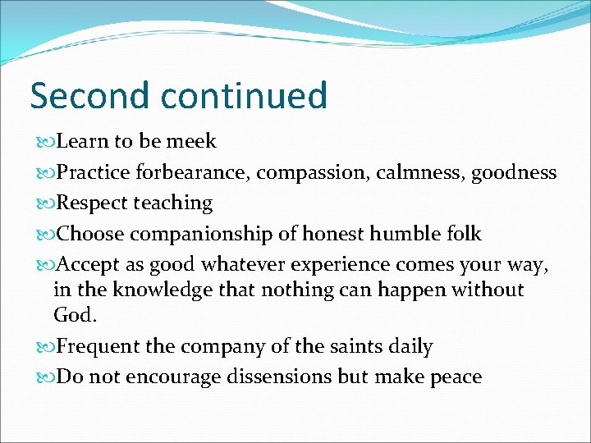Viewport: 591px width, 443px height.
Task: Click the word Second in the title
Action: tap(90, 96)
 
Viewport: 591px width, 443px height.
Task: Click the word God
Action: tap(74, 314)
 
